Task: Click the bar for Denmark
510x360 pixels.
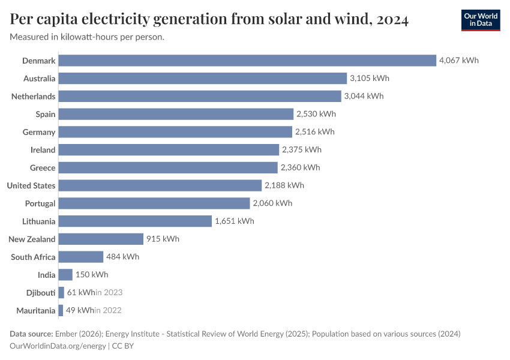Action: coord(247,61)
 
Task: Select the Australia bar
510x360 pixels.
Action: coord(203,79)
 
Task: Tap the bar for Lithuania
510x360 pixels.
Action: coord(135,221)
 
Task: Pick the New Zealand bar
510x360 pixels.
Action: coord(101,239)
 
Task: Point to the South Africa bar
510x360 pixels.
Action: coord(81,257)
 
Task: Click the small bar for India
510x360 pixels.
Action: coord(65,275)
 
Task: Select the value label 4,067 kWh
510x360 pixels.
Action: coord(459,61)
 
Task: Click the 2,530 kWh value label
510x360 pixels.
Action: coord(316,114)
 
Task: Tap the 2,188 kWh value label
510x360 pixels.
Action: coord(284,185)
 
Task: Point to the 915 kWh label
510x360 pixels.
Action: coord(163,239)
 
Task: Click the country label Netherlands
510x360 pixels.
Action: coord(34,97)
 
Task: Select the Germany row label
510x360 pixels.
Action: coord(39,132)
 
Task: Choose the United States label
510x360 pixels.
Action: coord(31,185)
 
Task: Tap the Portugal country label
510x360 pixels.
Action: coord(40,203)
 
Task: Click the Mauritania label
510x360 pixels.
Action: coord(36,311)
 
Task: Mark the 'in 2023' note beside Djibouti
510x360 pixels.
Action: coord(109,293)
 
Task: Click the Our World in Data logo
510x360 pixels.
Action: coord(481,20)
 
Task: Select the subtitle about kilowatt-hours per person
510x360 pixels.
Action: coord(88,37)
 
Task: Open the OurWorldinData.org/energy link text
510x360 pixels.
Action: coord(58,346)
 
